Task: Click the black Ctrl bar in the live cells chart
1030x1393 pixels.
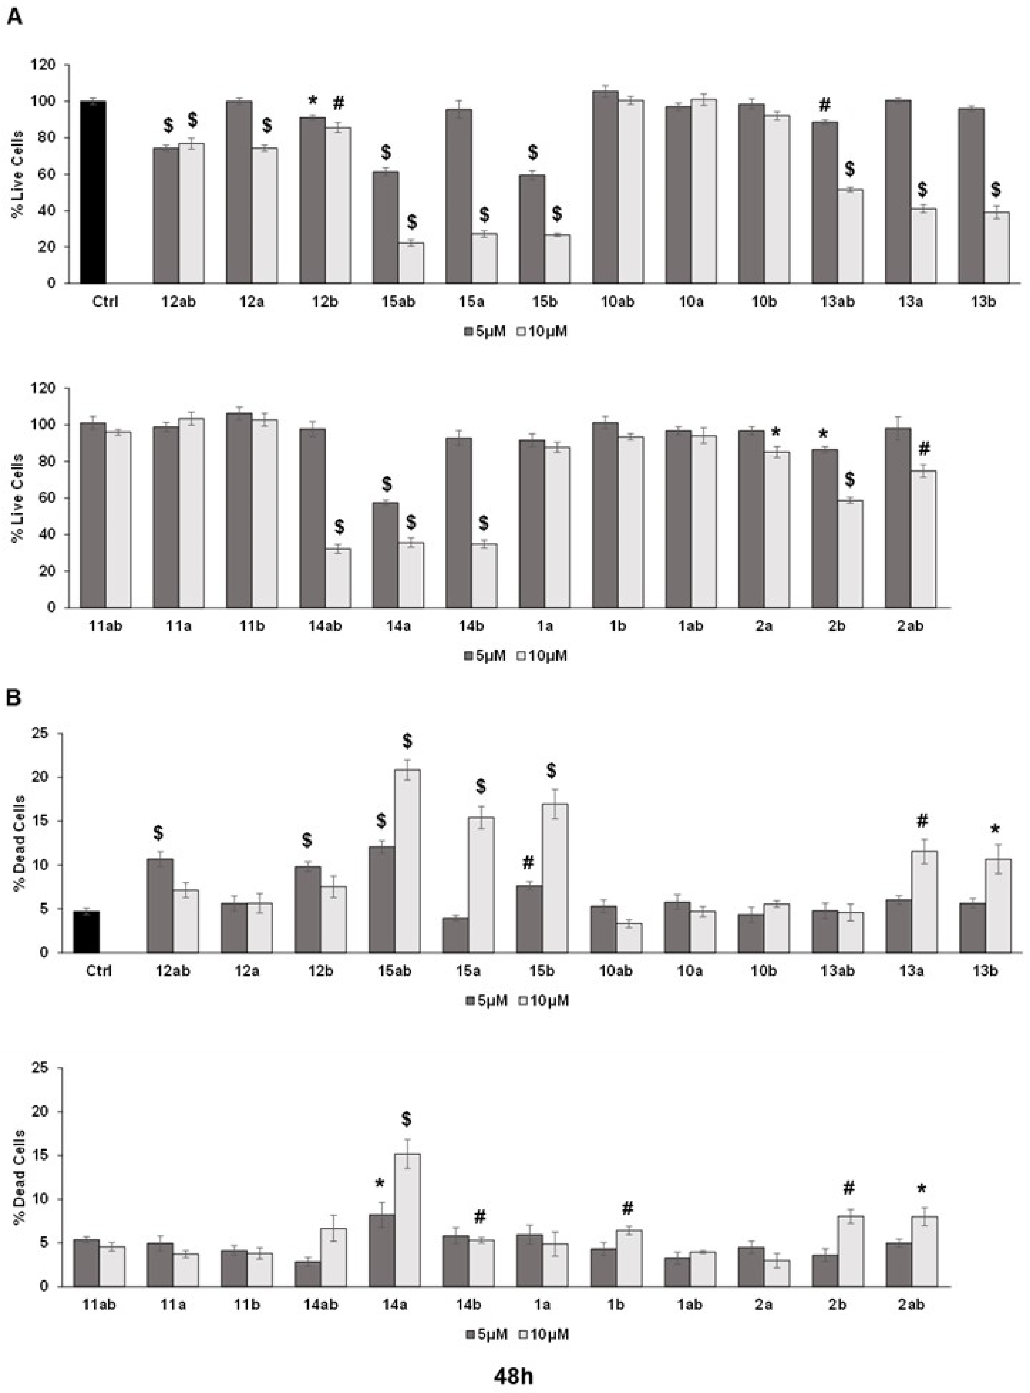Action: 93,192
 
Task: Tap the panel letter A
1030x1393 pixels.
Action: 14,17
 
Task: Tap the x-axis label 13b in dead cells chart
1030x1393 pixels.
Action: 985,971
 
